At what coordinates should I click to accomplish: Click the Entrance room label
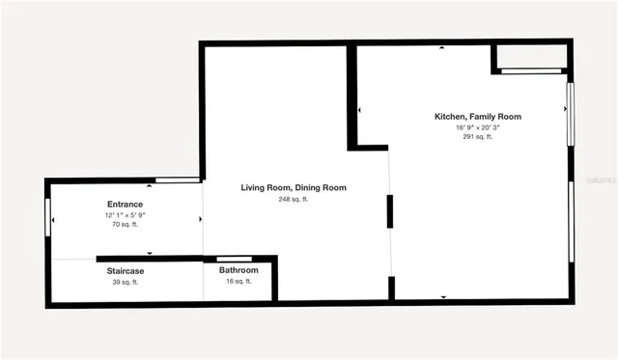pyautogui.click(x=125, y=204)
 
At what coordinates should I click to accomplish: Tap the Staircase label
pyautogui.click(x=125, y=271)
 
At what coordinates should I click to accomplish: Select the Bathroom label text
pyautogui.click(x=238, y=271)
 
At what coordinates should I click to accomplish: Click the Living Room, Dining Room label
pyautogui.click(x=293, y=187)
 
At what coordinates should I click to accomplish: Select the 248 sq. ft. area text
pyautogui.click(x=293, y=199)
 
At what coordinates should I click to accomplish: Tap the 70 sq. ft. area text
pyautogui.click(x=125, y=225)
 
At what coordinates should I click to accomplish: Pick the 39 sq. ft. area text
pyautogui.click(x=125, y=282)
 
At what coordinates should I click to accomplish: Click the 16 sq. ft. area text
pyautogui.click(x=238, y=282)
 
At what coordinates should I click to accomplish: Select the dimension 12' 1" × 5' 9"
pyautogui.click(x=125, y=215)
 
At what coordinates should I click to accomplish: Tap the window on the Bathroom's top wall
pyautogui.click(x=235, y=259)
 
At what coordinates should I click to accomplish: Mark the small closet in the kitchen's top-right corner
pyautogui.click(x=530, y=58)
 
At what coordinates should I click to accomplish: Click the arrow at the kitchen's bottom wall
pyautogui.click(x=443, y=296)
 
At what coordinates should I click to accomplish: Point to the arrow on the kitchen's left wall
pyautogui.click(x=360, y=111)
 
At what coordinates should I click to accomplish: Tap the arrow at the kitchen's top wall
pyautogui.click(x=442, y=48)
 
